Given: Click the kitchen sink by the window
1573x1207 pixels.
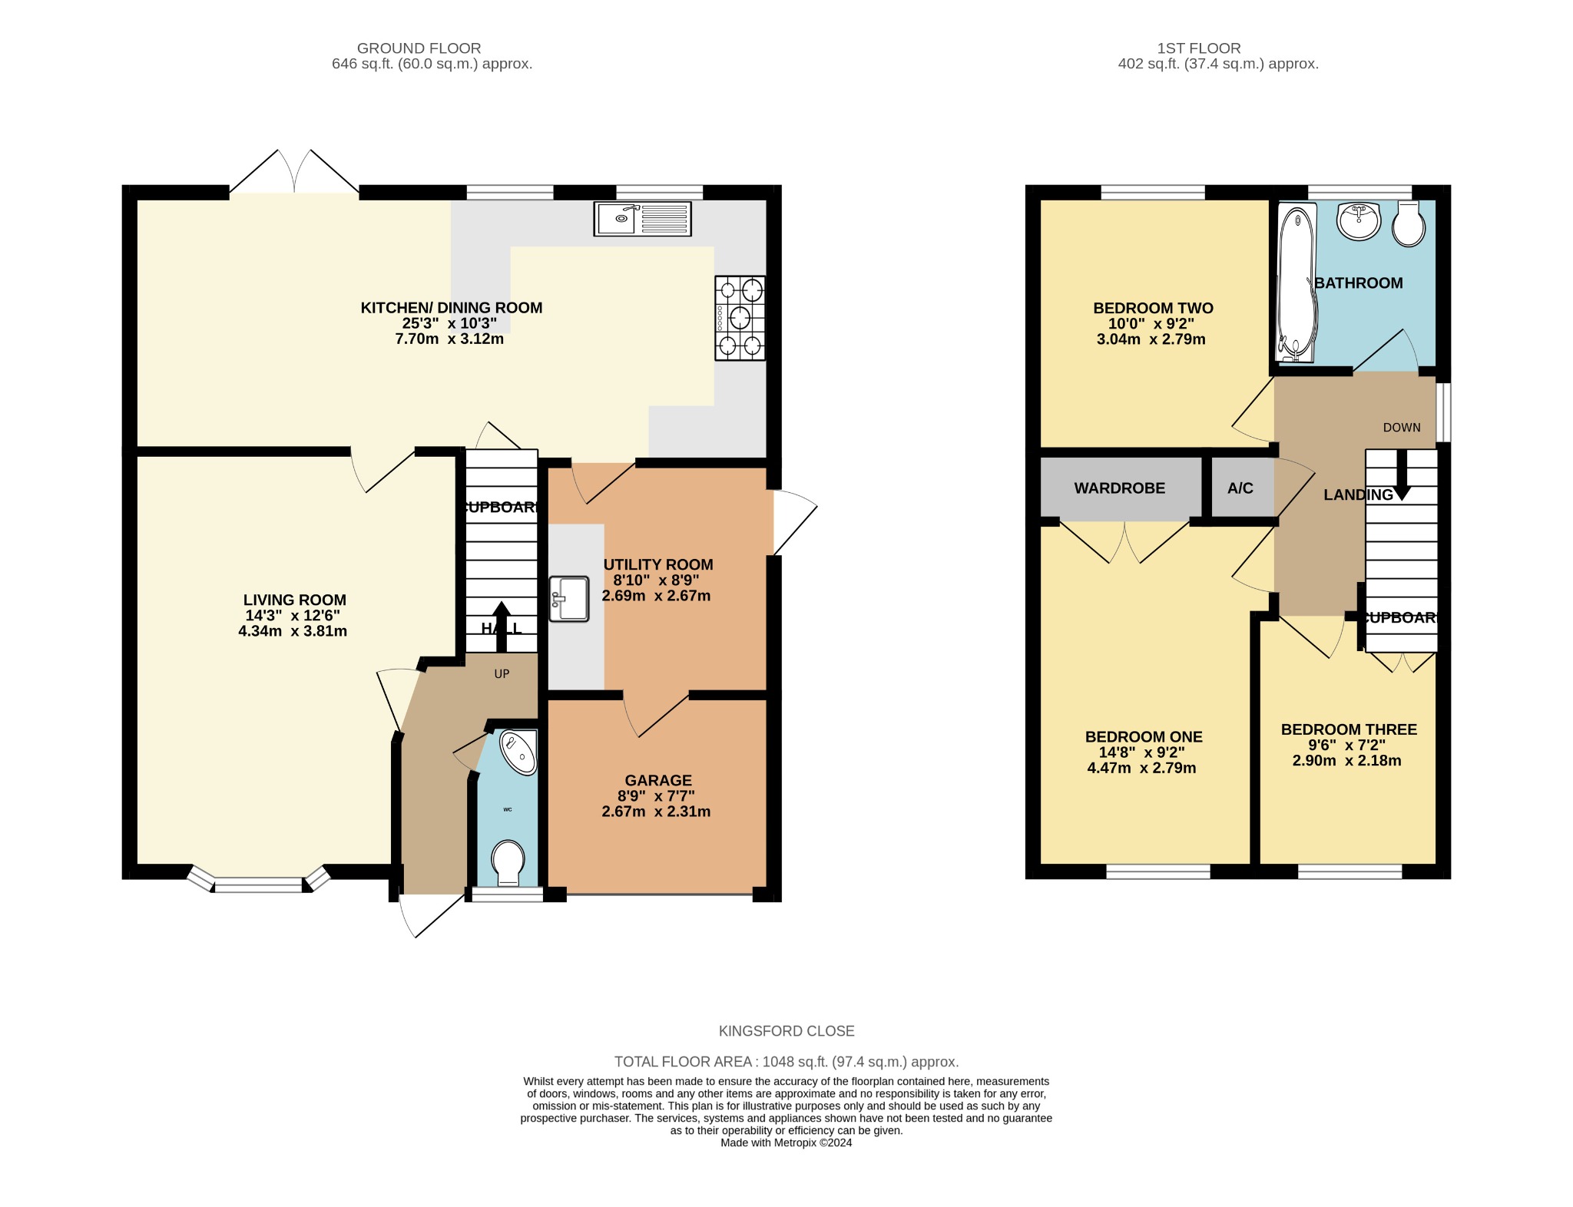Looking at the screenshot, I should (x=642, y=219).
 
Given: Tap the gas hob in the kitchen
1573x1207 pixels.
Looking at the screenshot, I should (x=740, y=318).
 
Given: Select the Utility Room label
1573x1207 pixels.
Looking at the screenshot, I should (x=657, y=564).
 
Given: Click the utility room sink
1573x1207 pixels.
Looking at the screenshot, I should (x=569, y=599).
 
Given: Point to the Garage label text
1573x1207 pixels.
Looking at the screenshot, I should (x=657, y=780).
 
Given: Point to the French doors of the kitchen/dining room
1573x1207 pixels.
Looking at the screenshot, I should (x=294, y=170).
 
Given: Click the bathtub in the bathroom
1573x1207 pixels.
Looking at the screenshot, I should (x=1296, y=284).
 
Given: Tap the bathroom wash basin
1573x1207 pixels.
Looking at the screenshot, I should (x=1359, y=221).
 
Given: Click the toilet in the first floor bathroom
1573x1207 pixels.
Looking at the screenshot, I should (x=1408, y=224).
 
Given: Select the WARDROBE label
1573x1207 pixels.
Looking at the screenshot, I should (x=1119, y=488).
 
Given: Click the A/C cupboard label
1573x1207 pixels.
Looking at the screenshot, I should (x=1240, y=488).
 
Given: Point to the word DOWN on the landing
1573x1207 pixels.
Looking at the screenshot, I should (x=1402, y=428).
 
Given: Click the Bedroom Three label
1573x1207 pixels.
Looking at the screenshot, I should (x=1349, y=729).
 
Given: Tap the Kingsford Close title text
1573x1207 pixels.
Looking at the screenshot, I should (x=786, y=1031).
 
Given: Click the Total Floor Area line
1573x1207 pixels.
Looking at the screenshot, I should (x=786, y=1062).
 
